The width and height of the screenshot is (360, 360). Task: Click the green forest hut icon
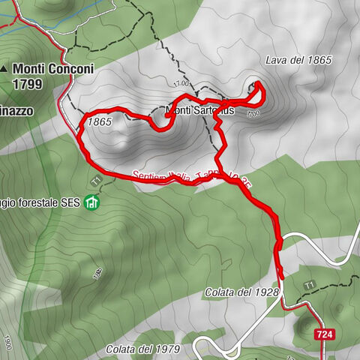point(91,202)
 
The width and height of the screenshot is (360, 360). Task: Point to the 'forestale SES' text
point(46,202)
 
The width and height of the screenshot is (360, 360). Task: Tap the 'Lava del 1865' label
point(298,60)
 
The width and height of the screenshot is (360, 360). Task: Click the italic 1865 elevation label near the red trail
point(99,121)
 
